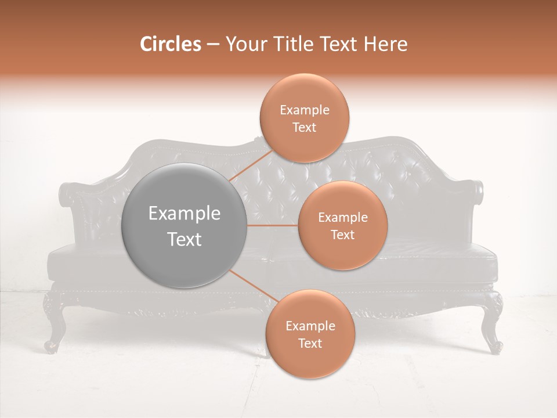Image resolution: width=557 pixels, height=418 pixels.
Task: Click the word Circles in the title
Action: [171, 44]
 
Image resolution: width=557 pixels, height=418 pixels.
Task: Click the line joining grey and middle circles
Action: [273, 225]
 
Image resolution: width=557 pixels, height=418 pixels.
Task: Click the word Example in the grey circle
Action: [184, 214]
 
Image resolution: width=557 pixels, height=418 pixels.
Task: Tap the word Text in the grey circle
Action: [184, 239]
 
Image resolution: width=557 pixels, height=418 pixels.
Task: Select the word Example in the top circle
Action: [304, 110]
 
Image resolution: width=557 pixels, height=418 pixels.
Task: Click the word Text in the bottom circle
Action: [310, 343]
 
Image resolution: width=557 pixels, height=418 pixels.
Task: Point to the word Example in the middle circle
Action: [342, 217]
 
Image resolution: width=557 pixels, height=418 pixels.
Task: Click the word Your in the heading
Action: [245, 44]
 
